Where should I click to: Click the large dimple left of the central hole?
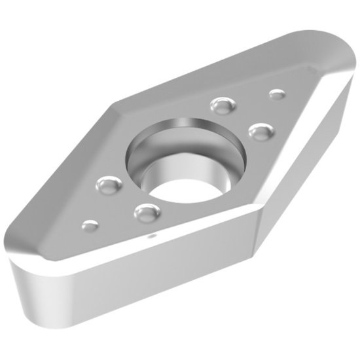(x=105, y=186)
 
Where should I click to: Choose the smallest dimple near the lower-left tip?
(x=89, y=226)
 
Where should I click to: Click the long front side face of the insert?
(x=164, y=281)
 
